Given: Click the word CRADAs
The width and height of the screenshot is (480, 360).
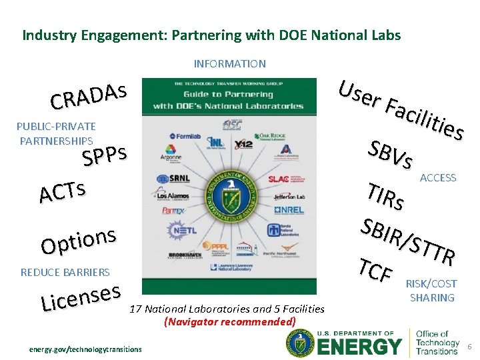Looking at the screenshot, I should [x=88, y=96].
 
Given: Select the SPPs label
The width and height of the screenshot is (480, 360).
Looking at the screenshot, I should [x=104, y=156].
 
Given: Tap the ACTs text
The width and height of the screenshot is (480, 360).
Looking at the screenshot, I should [x=62, y=191].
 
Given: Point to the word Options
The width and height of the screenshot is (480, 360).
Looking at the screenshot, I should [x=79, y=241].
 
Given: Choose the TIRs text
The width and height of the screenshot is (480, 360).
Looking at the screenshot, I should [x=386, y=195].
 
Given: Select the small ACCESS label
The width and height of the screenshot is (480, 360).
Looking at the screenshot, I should [x=438, y=178].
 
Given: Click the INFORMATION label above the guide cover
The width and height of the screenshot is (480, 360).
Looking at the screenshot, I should [x=229, y=64].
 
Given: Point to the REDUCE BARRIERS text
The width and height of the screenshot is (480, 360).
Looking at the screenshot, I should [x=65, y=272].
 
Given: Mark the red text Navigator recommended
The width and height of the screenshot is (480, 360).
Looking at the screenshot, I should [x=229, y=321].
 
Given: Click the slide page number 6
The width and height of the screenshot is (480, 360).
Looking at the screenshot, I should [x=469, y=347].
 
